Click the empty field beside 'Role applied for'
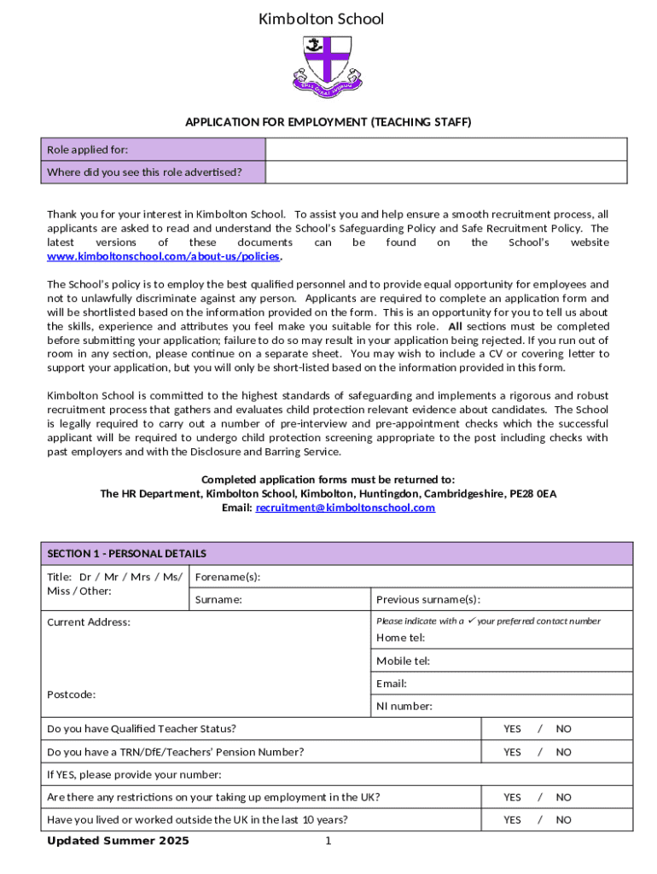(x=449, y=150)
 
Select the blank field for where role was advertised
(x=449, y=172)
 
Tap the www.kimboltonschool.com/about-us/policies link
(x=163, y=257)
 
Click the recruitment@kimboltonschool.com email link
(x=345, y=508)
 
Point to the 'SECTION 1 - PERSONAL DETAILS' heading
(x=126, y=554)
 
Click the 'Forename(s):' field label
(x=228, y=577)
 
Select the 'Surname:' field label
(x=218, y=600)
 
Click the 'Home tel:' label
(x=400, y=638)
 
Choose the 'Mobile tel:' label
(x=403, y=661)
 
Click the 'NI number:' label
(x=404, y=706)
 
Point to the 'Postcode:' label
(x=72, y=695)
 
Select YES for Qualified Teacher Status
(x=512, y=729)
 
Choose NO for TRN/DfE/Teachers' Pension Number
(x=564, y=752)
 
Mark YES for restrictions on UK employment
(x=512, y=797)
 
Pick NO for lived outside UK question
(x=564, y=820)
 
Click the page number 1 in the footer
(x=328, y=842)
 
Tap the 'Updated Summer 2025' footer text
(x=118, y=842)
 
